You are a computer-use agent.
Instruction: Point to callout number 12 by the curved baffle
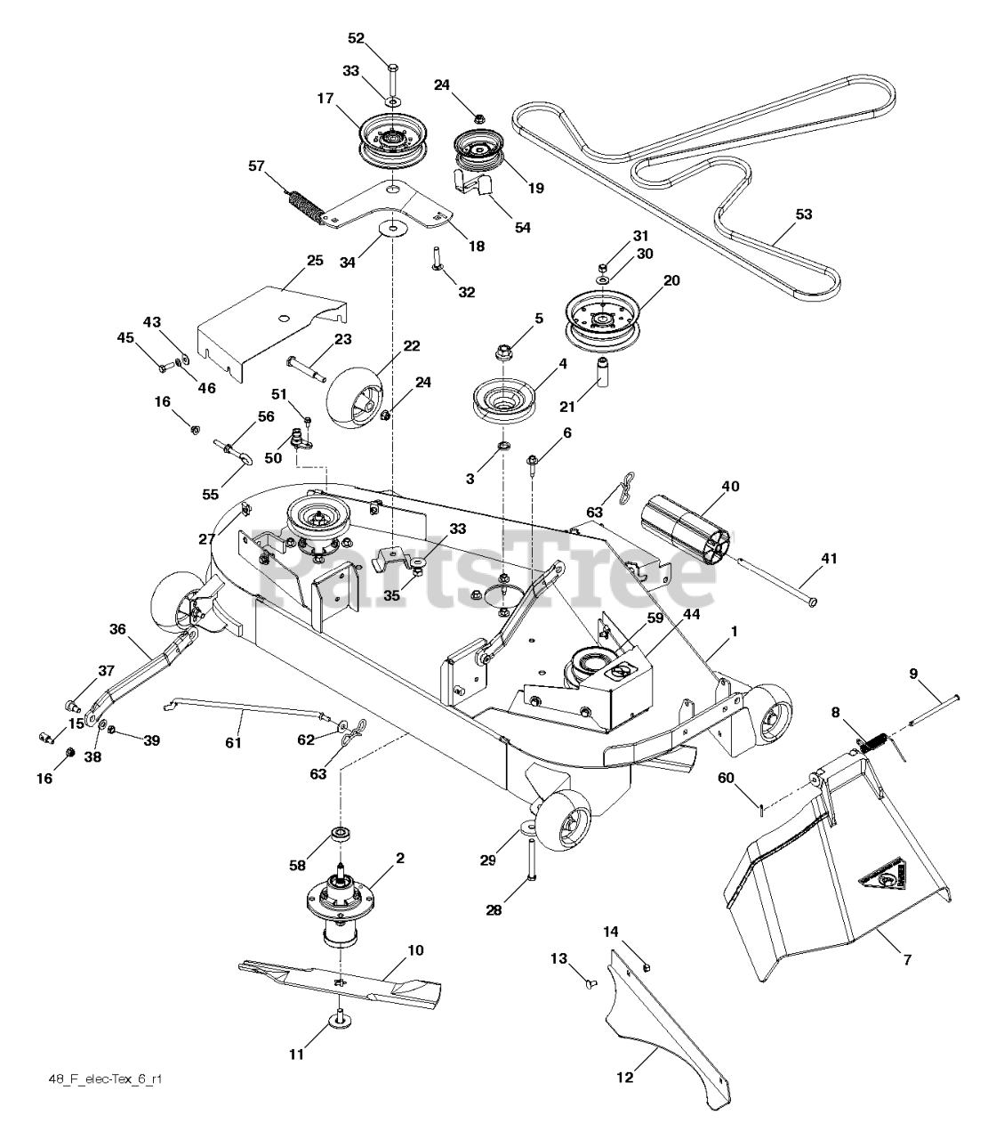[x=624, y=1078]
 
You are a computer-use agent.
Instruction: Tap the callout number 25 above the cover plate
[x=314, y=261]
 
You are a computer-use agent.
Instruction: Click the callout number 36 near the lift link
[x=118, y=629]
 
